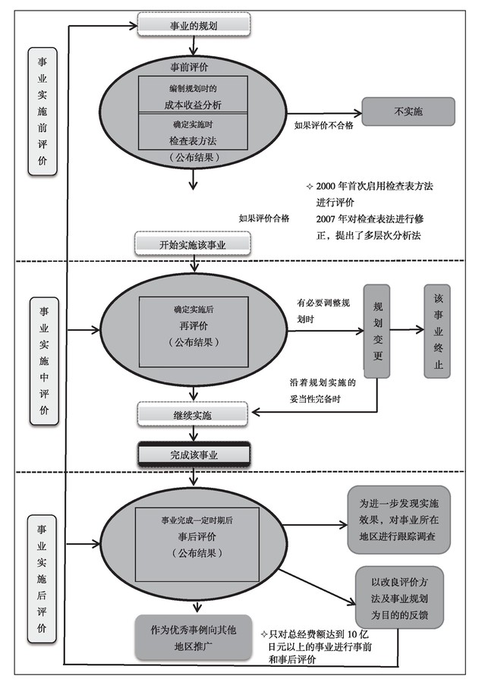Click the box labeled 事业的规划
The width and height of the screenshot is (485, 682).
pos(192,26)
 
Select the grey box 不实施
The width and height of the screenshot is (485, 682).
pos(408,112)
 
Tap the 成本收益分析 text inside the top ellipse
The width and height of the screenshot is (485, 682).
pos(195,104)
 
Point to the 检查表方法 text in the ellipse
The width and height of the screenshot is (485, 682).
pos(195,140)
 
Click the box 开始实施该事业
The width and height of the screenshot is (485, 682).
pos(192,244)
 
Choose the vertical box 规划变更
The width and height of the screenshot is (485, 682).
pos(378,331)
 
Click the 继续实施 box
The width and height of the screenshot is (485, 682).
pos(192,415)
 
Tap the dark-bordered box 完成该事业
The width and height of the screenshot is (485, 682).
pos(192,454)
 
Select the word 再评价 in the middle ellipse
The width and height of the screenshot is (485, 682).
pos(194,327)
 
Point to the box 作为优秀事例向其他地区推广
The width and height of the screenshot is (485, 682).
pos(192,636)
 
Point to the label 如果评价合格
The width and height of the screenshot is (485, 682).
pos(263,218)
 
